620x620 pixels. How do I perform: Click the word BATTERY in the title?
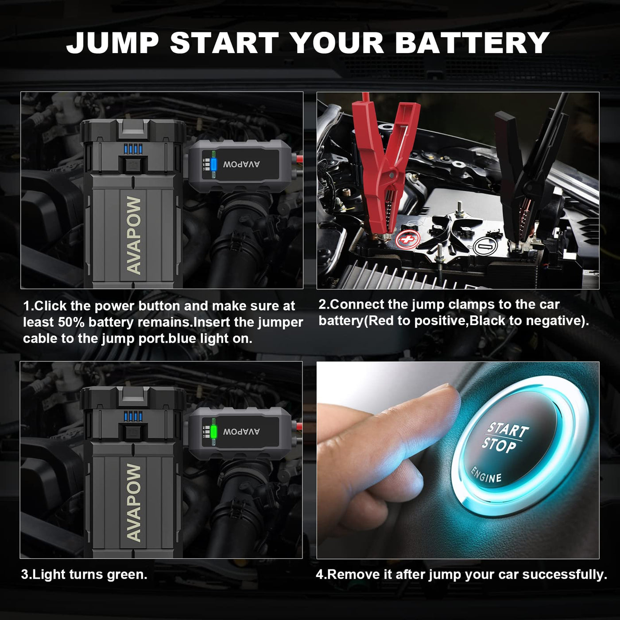[473, 43]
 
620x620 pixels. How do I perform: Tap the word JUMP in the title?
[112, 43]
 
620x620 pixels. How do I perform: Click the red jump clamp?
[384, 167]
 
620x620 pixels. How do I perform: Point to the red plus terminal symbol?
[408, 239]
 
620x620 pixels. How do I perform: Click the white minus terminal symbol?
[485, 247]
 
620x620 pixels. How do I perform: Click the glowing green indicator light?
[213, 431]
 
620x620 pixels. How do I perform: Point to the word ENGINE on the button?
[486, 475]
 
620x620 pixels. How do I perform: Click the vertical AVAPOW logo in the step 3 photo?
[134, 503]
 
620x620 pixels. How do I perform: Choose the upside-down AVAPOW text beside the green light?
[241, 432]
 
